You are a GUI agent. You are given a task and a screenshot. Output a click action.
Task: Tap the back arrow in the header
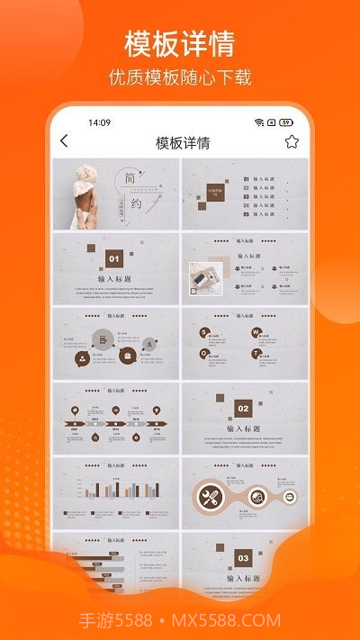tap(64, 141)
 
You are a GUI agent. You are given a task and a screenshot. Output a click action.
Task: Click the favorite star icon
tap(292, 141)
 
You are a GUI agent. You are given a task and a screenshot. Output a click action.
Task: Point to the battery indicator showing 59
tap(286, 122)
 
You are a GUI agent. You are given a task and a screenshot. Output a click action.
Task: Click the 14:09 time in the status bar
tap(99, 122)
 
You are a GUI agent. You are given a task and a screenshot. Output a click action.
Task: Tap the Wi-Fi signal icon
tap(259, 122)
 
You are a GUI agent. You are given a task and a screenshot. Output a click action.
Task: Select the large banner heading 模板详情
tap(180, 43)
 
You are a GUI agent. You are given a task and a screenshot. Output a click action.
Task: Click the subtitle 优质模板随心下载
tap(180, 77)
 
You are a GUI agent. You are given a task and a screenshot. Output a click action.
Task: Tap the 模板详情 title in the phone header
tap(183, 142)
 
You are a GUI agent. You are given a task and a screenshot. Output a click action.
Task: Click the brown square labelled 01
tap(114, 258)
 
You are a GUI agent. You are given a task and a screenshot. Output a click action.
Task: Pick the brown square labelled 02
tap(242, 408)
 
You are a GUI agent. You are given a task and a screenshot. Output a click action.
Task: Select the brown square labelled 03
tap(242, 557)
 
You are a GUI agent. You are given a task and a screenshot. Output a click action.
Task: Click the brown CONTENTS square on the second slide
tap(215, 191)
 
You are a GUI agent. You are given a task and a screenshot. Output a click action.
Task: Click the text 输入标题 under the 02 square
tap(242, 429)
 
